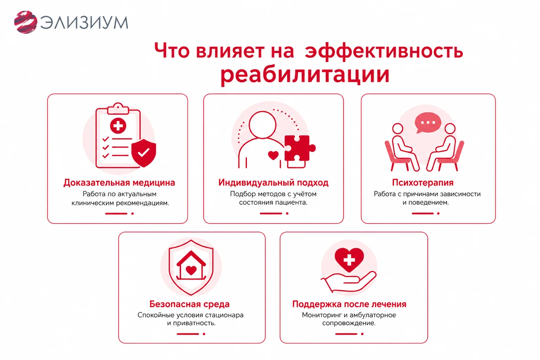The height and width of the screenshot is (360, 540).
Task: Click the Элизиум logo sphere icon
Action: [x=26, y=22]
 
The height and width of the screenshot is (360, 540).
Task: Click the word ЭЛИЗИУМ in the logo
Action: [x=84, y=22]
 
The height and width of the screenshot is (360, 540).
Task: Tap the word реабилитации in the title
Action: [x=305, y=75]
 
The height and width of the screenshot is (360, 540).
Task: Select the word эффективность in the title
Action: [x=384, y=51]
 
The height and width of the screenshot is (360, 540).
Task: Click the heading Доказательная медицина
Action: [x=119, y=182]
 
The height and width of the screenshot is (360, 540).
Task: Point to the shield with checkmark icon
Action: [x=144, y=153]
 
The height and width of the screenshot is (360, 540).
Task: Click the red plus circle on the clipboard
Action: [x=118, y=126]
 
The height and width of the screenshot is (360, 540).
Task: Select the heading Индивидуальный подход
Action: [x=273, y=182]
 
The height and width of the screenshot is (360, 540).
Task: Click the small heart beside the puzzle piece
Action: [x=273, y=155]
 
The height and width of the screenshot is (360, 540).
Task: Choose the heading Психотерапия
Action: [x=423, y=182]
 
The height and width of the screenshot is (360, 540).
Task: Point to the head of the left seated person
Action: [x=398, y=129]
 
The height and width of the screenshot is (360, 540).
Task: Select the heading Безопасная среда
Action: [x=189, y=304]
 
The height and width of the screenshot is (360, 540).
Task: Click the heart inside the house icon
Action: [x=191, y=270]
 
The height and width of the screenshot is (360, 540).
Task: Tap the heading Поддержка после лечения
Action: [x=349, y=304]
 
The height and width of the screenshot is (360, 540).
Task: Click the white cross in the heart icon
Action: [x=349, y=260]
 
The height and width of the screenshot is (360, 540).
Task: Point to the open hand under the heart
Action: [x=349, y=282]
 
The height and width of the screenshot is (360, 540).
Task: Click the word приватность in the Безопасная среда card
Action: [x=194, y=323]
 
